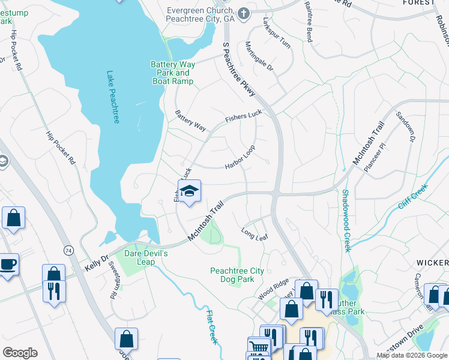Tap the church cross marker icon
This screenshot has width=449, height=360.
[x=244, y=13]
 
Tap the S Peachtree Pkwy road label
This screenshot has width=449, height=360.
[x=239, y=68]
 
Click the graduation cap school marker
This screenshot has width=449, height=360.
[x=189, y=191]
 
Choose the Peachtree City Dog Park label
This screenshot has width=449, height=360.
[x=237, y=275]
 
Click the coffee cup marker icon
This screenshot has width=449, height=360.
[x=8, y=264]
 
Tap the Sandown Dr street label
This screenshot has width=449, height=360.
[x=405, y=127]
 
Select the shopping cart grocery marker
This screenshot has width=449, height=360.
[x=259, y=346]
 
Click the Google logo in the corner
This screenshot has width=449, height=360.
[x=20, y=353]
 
